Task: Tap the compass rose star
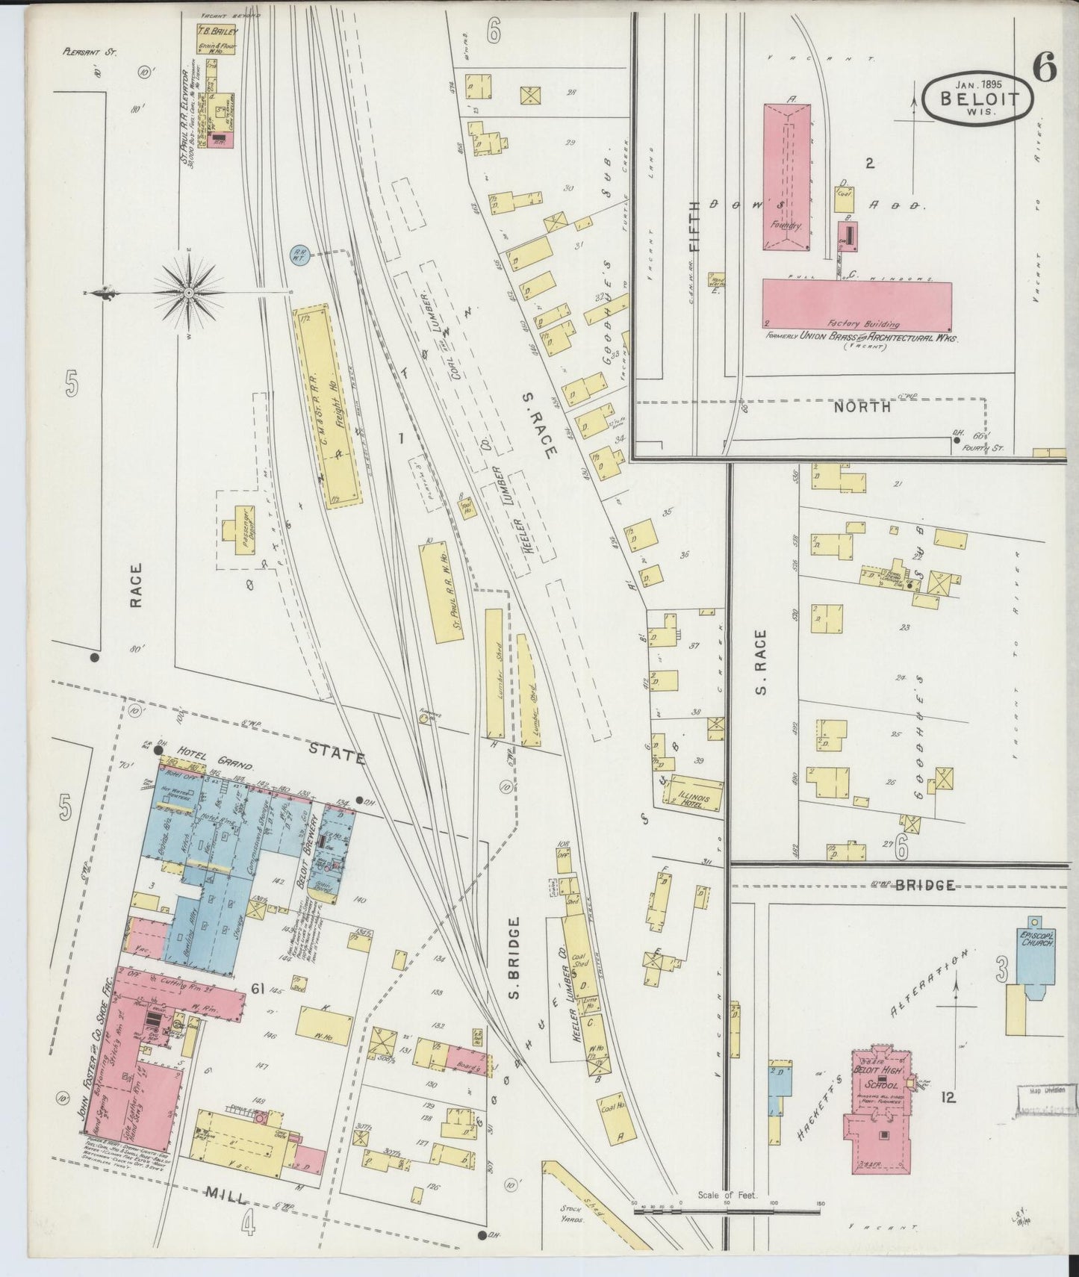coord(190,293)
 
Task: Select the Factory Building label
coord(862,324)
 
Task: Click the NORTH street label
coord(862,407)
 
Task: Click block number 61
coord(258,990)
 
